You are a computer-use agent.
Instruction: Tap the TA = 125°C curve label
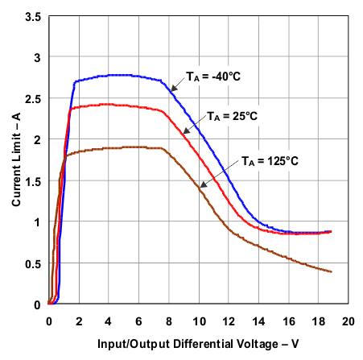pyautogui.click(x=270, y=161)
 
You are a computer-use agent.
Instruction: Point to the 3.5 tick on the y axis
pyautogui.click(x=33, y=15)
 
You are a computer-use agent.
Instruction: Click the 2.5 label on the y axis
pyautogui.click(x=33, y=98)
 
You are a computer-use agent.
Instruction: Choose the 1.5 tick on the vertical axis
pyautogui.click(x=33, y=181)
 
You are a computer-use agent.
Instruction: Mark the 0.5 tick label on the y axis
pyautogui.click(x=33, y=263)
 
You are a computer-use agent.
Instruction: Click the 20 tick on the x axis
pyautogui.click(x=349, y=321)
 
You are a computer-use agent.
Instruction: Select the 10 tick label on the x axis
pyautogui.click(x=199, y=321)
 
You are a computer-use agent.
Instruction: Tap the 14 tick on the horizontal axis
pyautogui.click(x=258, y=321)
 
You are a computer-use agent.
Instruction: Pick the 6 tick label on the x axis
pyautogui.click(x=138, y=321)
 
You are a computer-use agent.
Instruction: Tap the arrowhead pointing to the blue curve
pyautogui.click(x=172, y=88)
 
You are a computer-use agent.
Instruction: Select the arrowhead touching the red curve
pyautogui.click(x=185, y=132)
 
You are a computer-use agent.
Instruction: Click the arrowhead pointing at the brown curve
pyautogui.click(x=202, y=185)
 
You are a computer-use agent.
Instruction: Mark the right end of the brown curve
pyautogui.click(x=332, y=271)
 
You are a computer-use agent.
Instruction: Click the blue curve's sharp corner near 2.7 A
pyautogui.click(x=75, y=81)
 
